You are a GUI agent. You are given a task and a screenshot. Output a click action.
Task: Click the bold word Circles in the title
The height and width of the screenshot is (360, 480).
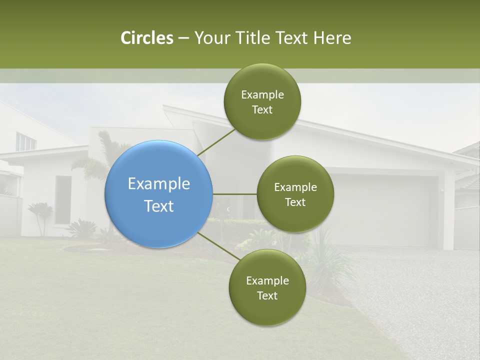(147, 38)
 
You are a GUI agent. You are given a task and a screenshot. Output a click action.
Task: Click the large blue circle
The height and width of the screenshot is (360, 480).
(159, 194)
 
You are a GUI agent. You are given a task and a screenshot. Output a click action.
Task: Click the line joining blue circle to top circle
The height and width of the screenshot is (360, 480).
(216, 142)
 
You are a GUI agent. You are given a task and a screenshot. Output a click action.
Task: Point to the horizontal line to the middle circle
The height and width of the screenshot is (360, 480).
(235, 194)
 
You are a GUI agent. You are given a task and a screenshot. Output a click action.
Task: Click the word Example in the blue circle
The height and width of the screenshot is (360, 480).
(159, 184)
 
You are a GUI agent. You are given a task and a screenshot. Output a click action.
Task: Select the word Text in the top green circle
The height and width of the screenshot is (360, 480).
(262, 110)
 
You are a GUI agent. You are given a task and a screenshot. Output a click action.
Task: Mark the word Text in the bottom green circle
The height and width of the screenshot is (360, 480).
(267, 295)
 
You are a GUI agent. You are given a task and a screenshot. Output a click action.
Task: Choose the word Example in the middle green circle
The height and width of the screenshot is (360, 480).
(295, 187)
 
